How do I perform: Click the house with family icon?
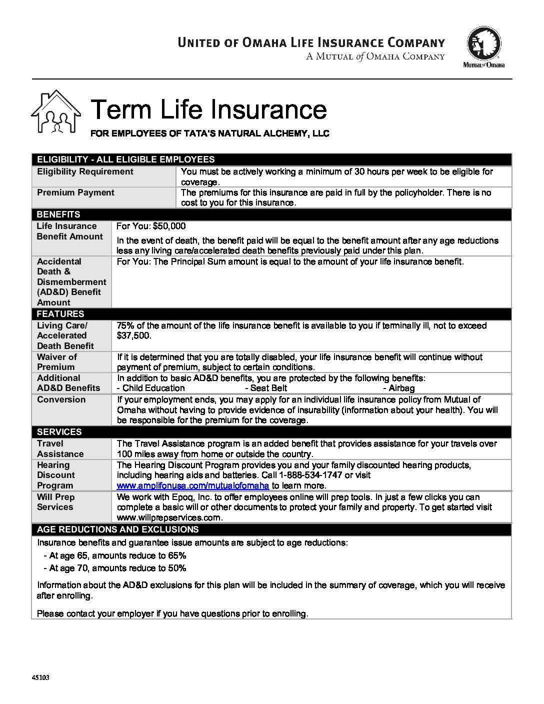point(55,112)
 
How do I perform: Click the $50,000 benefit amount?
point(169,226)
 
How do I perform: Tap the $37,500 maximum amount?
point(133,335)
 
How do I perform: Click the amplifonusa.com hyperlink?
point(193,485)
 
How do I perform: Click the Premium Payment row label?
point(75,192)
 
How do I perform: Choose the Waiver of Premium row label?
point(57,361)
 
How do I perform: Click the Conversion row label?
point(61,399)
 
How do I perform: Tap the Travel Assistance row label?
point(60,448)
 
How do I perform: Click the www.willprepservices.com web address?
point(169,517)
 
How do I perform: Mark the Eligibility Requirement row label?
point(85,171)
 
